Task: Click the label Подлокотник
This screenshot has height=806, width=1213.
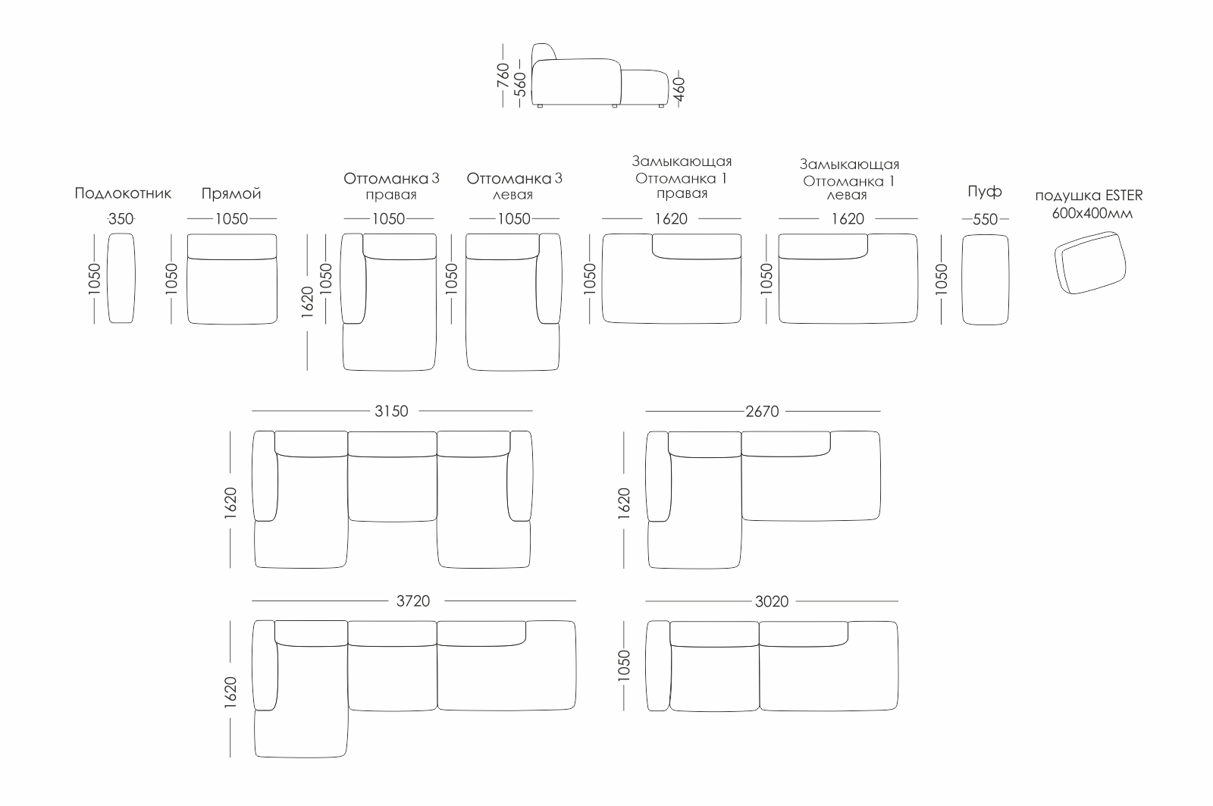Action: click(123, 193)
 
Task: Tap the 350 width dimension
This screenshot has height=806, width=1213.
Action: click(121, 219)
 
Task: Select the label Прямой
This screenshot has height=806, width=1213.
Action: click(231, 193)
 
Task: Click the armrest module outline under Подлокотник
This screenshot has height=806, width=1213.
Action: click(121, 278)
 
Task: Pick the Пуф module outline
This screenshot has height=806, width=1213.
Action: click(986, 279)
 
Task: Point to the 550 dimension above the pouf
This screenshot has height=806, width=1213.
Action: click(985, 219)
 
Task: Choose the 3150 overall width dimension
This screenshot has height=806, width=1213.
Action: click(391, 411)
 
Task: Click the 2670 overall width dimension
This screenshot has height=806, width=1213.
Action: click(762, 411)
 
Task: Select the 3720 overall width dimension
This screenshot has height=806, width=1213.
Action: click(413, 601)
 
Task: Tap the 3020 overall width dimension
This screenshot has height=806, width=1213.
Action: click(772, 601)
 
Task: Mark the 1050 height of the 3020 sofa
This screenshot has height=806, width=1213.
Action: click(624, 666)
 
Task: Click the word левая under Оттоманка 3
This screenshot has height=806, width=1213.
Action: click(512, 195)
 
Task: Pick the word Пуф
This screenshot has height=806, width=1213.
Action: click(984, 191)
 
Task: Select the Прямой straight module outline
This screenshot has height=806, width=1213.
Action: click(232, 279)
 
